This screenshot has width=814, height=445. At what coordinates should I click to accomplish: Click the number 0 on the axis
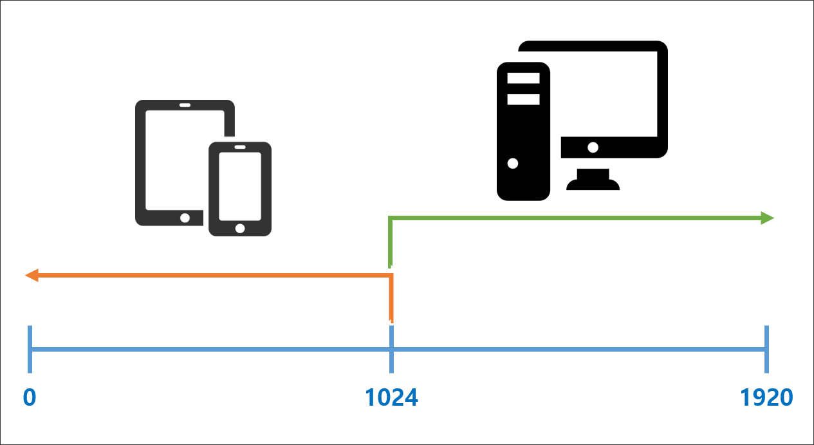click(30, 398)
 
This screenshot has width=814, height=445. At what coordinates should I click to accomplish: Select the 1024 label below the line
click(391, 398)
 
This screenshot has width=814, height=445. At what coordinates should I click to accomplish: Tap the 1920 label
click(766, 398)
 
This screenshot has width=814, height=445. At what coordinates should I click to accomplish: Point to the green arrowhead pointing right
click(767, 218)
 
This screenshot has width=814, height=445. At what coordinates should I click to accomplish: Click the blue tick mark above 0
click(30, 349)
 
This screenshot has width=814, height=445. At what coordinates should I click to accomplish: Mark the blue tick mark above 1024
click(391, 349)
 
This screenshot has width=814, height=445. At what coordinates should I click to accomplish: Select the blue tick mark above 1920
click(766, 349)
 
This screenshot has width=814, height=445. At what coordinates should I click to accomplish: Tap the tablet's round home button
click(185, 218)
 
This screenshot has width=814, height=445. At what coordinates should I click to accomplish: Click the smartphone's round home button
click(240, 228)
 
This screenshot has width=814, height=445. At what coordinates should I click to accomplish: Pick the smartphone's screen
click(240, 186)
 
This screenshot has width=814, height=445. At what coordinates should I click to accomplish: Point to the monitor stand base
click(593, 184)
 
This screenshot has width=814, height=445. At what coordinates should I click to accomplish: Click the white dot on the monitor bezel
click(593, 147)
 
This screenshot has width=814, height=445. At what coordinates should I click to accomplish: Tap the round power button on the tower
click(513, 163)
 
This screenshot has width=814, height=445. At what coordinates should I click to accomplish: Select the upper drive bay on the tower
click(523, 79)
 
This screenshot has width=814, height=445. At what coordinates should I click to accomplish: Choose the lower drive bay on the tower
click(523, 99)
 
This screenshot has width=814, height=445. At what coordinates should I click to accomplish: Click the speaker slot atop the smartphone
click(240, 147)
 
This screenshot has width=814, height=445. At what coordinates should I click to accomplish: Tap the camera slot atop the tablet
click(185, 105)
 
